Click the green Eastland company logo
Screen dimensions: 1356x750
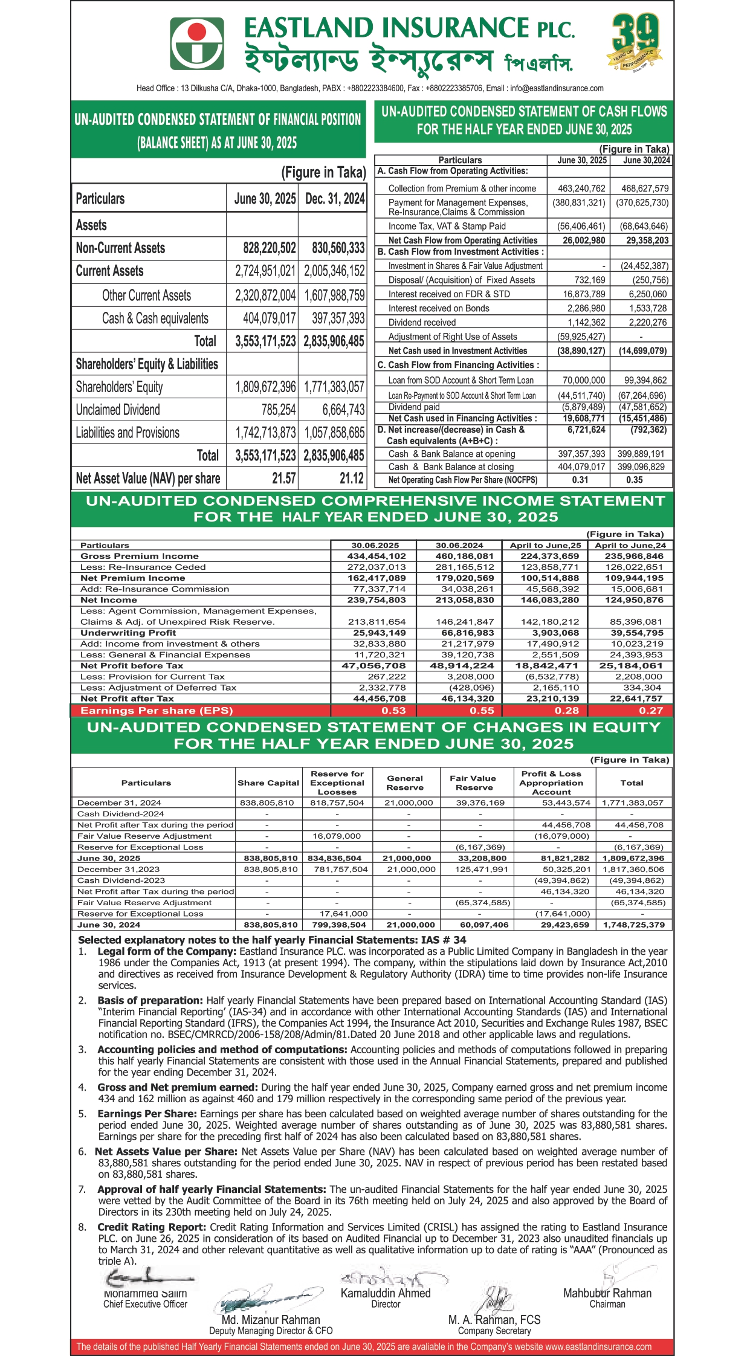coord(196,44)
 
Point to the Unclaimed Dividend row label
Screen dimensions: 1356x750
coord(118,410)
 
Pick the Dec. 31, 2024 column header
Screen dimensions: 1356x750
coord(335,199)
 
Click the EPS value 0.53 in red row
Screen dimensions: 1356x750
coord(393,711)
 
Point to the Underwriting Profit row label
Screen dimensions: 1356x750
coord(128,633)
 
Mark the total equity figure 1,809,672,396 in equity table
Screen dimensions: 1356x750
coord(633,858)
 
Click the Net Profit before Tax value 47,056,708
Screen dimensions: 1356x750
coord(376,665)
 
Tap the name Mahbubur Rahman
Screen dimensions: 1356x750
coord(607,1293)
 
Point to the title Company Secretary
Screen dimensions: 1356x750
coord(494,1331)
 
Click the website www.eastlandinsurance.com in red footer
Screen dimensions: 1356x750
coord(598,1346)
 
